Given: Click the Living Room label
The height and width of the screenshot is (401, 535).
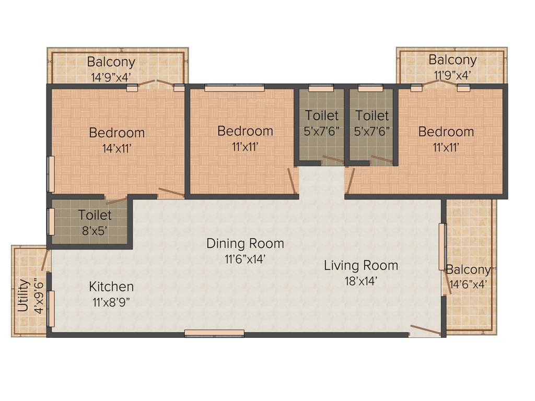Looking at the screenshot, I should pyautogui.click(x=361, y=265).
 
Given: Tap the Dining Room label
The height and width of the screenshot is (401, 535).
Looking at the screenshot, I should pyautogui.click(x=245, y=243).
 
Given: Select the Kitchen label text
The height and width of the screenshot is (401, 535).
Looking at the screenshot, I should pyautogui.click(x=111, y=287).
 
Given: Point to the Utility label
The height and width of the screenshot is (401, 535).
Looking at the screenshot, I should pyautogui.click(x=23, y=296).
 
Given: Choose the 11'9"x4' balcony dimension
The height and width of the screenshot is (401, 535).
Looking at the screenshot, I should pyautogui.click(x=452, y=74).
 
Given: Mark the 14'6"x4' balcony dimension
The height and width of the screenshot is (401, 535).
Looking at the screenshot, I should pyautogui.click(x=468, y=285).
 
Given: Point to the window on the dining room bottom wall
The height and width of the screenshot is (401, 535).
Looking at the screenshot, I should pyautogui.click(x=214, y=333).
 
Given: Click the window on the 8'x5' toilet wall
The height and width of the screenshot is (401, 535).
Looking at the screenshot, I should pyautogui.click(x=51, y=222).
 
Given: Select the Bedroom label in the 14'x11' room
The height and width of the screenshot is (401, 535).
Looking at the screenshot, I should pyautogui.click(x=117, y=132).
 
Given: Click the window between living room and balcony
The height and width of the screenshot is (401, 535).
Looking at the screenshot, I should pyautogui.click(x=443, y=246).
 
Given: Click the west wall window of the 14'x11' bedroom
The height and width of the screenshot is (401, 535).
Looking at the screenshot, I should pyautogui.click(x=51, y=174).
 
